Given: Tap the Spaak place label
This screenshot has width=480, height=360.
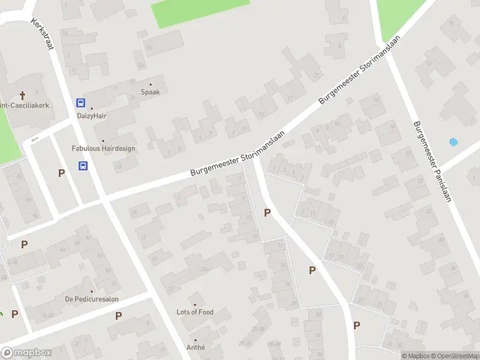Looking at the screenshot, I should (150, 92).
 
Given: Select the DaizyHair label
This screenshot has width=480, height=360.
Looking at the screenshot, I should (92, 116).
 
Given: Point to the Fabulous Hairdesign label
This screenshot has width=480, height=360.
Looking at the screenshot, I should (103, 148).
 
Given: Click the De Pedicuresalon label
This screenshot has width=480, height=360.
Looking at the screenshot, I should (92, 299).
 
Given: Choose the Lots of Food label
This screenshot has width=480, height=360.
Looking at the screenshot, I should (194, 312).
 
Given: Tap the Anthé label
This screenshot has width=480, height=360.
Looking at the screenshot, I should (196, 347).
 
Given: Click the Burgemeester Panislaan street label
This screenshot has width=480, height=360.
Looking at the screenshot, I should (431, 161).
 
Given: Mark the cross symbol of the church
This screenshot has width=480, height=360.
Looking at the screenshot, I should (23, 95).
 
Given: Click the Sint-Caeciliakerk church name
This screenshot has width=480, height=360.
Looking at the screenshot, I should (24, 105).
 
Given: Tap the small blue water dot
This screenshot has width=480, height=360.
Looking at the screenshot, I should (453, 142).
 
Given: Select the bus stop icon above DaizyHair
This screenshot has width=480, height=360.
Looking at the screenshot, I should (80, 103).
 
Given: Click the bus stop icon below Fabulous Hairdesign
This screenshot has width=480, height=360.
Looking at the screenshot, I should (83, 166).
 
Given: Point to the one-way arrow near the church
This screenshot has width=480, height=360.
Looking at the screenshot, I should (34, 139).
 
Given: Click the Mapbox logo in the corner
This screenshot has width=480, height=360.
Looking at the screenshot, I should (26, 353).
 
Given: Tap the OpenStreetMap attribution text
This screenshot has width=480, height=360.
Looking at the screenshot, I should (455, 356).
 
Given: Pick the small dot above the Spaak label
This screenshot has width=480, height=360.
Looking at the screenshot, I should (150, 85).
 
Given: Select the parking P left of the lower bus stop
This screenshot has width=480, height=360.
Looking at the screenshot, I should (61, 173).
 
